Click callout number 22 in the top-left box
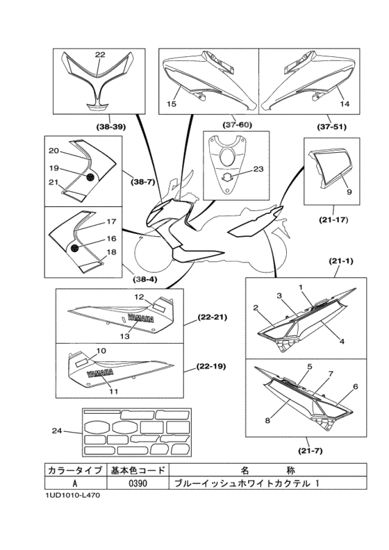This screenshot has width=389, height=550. coord(100,54)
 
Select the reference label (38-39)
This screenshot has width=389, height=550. coord(111,127)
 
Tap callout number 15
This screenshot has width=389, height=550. coord(172,104)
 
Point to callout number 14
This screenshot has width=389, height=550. coord(345,104)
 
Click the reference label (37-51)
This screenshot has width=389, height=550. coord(331,127)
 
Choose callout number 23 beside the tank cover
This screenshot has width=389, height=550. coord(258,169)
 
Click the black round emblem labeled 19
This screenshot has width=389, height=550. coord(90,178)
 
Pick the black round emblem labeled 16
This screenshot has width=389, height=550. coord(75,249)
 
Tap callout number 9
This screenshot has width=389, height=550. coord(349,192)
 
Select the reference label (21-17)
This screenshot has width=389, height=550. coord(333,220)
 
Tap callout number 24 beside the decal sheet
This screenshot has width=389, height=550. coord(57,431)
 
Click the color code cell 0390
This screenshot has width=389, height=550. coord(138,483)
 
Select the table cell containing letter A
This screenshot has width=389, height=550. coord(76,483)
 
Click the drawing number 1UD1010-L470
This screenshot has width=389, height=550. coord(72,496)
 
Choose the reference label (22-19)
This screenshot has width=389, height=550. coord(210,367)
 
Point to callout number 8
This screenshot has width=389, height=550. coord(267,420)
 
